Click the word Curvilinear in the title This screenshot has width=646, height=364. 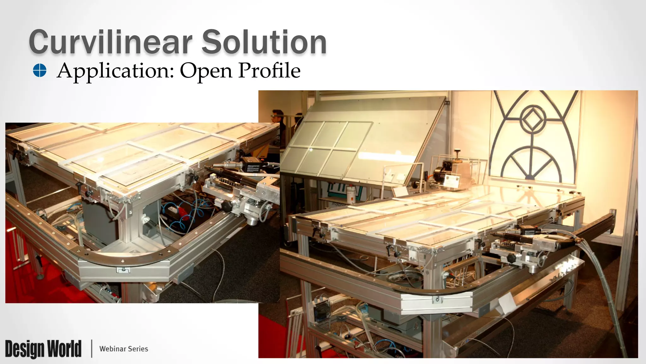coord(110,42)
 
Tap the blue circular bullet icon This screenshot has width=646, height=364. coord(40,70)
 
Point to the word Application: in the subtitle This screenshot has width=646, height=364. coord(115,71)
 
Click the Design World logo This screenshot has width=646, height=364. coord(43,349)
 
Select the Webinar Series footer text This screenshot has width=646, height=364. coord(124,349)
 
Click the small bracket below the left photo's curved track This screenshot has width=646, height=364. coord(124,270)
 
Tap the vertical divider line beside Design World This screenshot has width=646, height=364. coord(92,349)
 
